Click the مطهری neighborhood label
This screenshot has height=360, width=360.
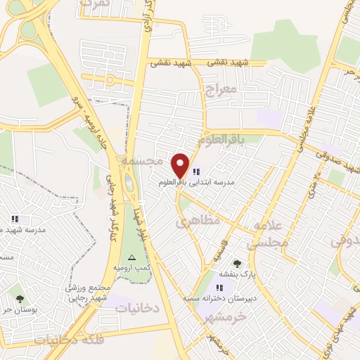coord(198,221)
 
